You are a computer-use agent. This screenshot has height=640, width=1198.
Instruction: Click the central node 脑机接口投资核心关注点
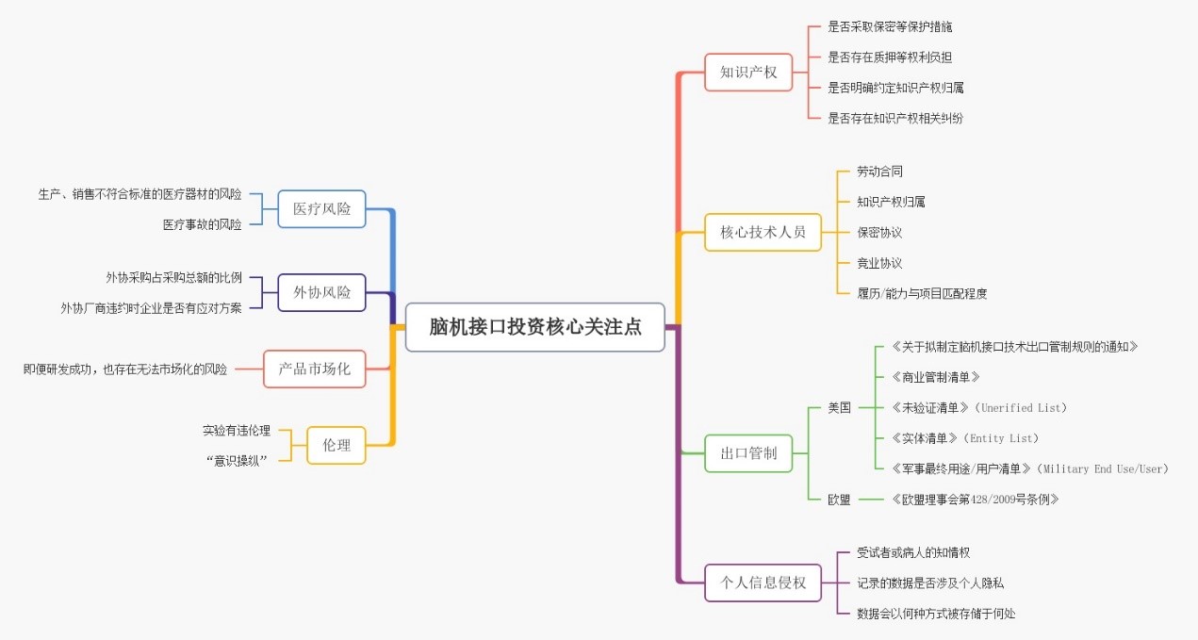[x=535, y=327]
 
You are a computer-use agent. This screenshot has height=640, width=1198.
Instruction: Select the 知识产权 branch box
[x=748, y=72]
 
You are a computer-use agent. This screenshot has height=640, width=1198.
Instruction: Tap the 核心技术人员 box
[x=763, y=232]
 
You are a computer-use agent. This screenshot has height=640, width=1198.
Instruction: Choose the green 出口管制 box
[x=748, y=453]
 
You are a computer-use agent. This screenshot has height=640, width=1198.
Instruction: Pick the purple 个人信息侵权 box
[x=763, y=583]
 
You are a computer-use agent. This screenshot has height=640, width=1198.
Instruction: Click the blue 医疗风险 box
[x=321, y=208]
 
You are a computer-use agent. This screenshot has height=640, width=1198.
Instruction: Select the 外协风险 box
[x=321, y=292]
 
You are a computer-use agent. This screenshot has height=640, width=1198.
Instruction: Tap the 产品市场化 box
[x=314, y=369]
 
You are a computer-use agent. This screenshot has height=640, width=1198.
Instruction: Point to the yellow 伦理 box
[x=336, y=445]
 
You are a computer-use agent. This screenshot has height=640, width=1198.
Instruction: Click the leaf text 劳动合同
[x=879, y=172]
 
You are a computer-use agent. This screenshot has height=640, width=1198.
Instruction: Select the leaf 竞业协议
[x=879, y=263]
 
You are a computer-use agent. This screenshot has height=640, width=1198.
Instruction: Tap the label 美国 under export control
[x=839, y=408]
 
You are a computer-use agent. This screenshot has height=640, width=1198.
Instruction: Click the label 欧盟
[x=839, y=500]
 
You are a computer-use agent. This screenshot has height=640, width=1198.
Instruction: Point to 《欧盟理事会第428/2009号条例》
[x=974, y=500]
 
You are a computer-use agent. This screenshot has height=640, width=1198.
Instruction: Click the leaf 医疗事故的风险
[x=202, y=224]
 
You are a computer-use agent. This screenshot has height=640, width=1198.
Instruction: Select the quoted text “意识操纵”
[x=236, y=460]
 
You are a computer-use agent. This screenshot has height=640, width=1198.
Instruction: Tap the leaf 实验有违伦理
[x=236, y=430]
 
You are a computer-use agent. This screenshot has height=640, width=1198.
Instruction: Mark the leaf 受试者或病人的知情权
[x=912, y=552]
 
